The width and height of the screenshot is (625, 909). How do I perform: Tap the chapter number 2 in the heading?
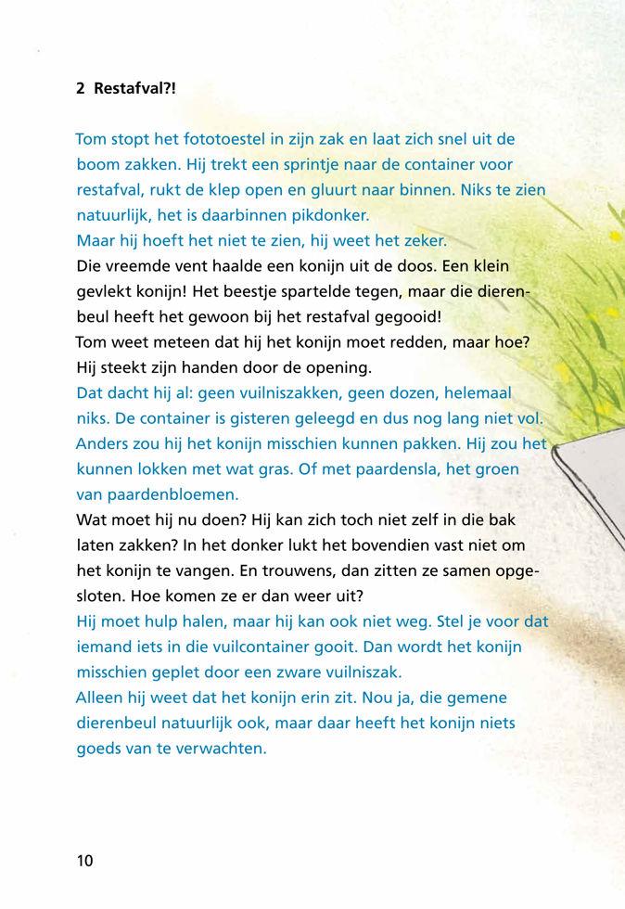click(x=81, y=89)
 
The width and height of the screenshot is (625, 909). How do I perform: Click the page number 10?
click(x=84, y=860)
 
